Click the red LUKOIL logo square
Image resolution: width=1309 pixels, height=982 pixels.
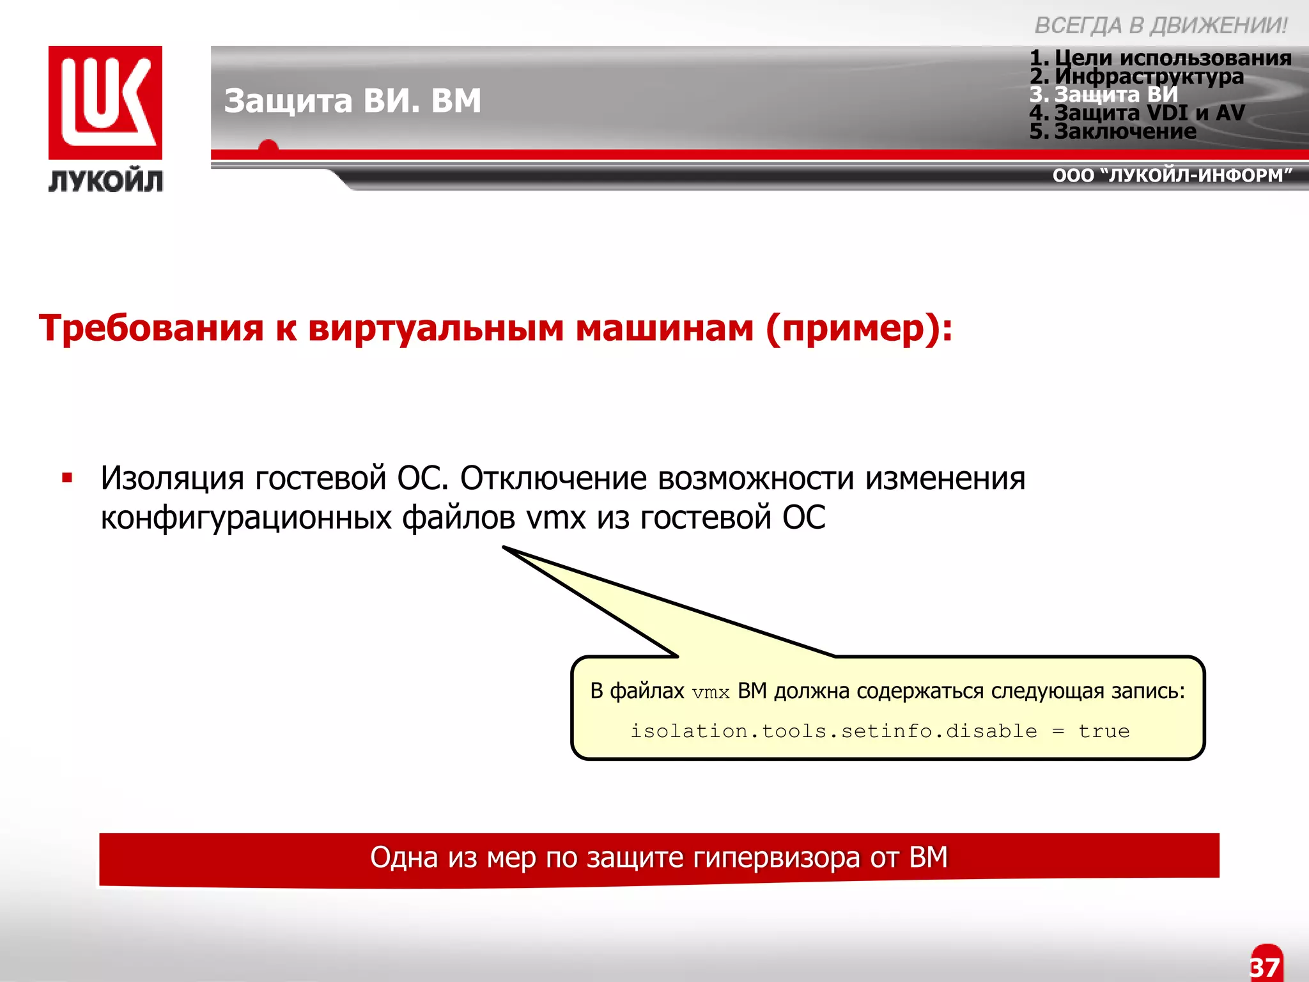pos(105,102)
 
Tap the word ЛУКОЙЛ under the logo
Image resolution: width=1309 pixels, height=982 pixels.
pos(105,181)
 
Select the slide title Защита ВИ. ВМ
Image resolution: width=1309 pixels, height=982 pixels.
pos(352,100)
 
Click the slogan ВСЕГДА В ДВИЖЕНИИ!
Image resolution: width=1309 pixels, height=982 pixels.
pos(1160,26)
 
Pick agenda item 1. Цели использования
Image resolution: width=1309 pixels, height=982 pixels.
pos(1160,58)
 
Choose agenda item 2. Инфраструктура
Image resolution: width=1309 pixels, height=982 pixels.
pos(1136,76)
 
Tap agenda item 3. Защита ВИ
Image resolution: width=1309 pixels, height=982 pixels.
pos(1104,95)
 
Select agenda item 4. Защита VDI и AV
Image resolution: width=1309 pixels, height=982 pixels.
pos(1137,113)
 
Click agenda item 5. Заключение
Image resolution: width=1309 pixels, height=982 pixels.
pos(1113,131)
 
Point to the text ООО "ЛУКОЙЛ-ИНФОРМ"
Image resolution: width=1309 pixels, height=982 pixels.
pos(1172,175)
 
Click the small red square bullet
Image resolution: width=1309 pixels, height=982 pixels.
pos(67,478)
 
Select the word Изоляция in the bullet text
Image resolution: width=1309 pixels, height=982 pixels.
pos(172,478)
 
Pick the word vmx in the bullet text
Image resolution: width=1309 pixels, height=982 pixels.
pos(555,517)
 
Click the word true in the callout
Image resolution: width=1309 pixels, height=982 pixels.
pos(1104,731)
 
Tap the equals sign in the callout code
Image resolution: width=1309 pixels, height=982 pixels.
pos(1058,731)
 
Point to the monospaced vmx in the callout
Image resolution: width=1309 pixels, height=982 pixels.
pos(711,693)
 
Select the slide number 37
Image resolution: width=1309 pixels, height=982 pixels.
pos(1265,967)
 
